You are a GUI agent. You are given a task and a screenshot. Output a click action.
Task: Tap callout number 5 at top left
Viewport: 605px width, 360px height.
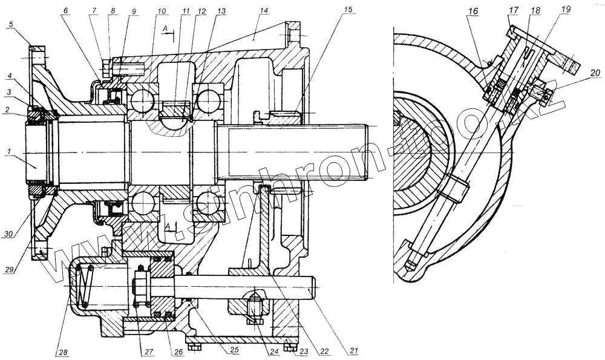[11, 24]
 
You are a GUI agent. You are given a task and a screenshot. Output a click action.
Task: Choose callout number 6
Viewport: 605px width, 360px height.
[65, 11]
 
